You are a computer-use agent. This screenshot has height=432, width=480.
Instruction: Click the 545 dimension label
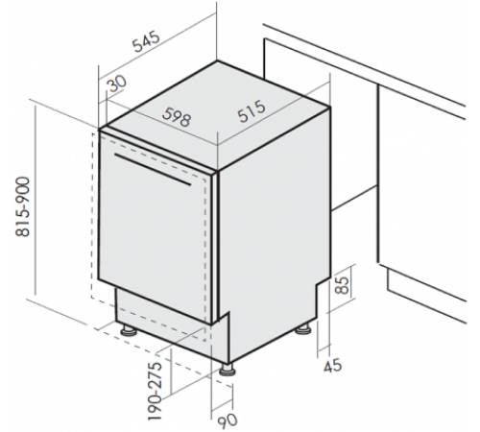[146, 41]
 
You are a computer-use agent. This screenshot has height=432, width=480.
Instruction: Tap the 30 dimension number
[116, 84]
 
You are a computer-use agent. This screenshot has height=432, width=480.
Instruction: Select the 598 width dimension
[177, 117]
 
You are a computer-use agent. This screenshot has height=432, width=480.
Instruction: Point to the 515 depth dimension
[252, 111]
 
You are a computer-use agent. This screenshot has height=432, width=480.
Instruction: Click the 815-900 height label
[23, 207]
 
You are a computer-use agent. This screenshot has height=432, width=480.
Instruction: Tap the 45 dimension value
[333, 366]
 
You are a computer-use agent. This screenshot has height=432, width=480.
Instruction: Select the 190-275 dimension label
[156, 391]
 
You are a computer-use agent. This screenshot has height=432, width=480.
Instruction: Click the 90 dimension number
[228, 420]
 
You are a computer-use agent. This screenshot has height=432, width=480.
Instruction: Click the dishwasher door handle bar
[153, 170]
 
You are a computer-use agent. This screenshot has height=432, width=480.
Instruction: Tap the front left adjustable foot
[128, 331]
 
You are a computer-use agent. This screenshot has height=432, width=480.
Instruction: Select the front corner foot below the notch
[228, 370]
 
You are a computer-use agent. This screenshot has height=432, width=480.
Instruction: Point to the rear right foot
[303, 329]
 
